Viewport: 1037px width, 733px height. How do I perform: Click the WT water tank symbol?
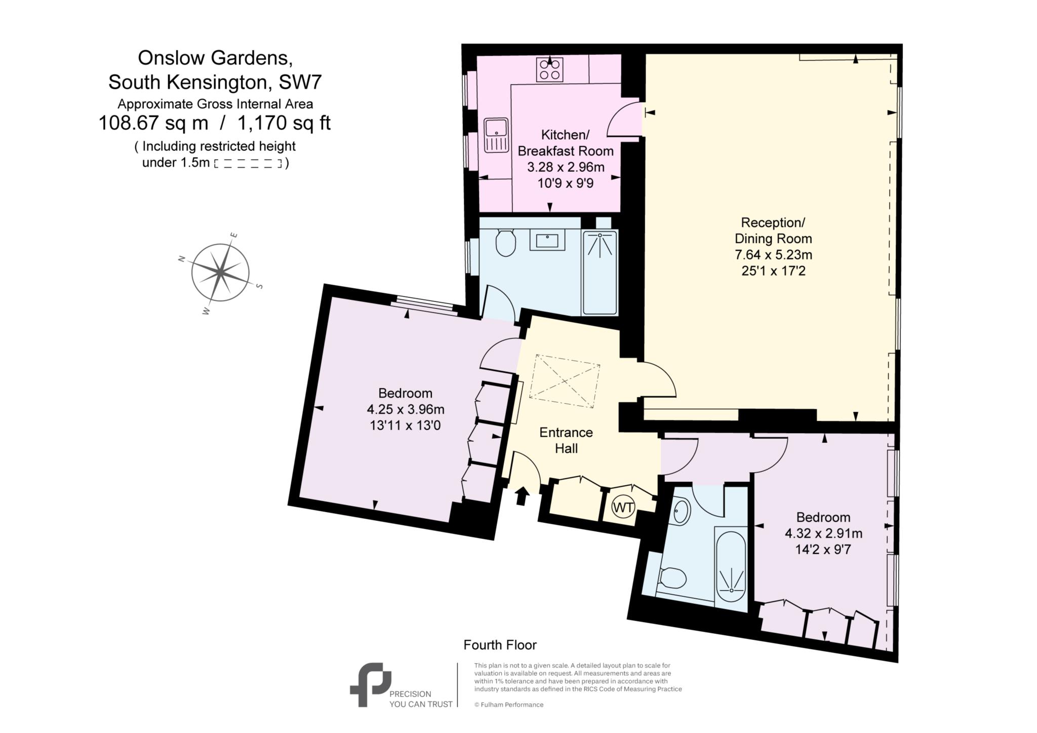point(623,507)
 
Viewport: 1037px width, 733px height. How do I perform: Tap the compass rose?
point(220,273)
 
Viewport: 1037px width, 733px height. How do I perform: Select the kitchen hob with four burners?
point(550,69)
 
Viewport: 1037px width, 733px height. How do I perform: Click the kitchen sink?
point(496,135)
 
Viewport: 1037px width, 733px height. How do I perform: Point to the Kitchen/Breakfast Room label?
point(565,143)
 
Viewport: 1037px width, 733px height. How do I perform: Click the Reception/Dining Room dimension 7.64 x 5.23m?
point(773,255)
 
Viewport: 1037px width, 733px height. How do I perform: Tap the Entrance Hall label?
point(566,440)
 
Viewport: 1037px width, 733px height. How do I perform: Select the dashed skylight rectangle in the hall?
point(565,381)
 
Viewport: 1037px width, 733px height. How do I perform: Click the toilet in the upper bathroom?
point(505,243)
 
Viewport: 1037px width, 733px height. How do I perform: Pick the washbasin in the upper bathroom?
point(547,240)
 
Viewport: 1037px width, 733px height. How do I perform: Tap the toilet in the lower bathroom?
point(672,578)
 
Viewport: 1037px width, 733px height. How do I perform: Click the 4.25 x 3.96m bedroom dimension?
point(406,409)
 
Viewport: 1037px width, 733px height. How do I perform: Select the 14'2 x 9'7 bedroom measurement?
point(823,549)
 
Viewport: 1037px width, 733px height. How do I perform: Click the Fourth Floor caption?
point(500,645)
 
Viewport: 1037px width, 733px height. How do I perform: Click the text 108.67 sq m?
point(153,123)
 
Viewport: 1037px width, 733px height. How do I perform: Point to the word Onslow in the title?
point(167,58)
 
